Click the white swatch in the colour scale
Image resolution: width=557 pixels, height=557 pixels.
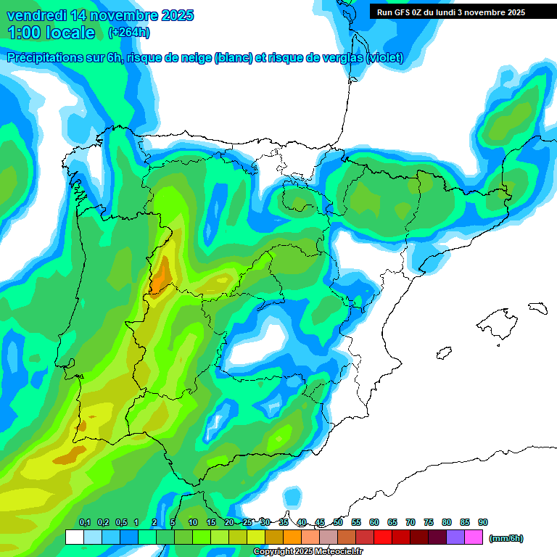(74, 537)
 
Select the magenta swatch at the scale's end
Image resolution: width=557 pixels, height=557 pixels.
(474, 537)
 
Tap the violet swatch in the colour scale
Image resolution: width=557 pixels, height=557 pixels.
(455, 537)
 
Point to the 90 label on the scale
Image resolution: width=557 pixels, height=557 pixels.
(483, 522)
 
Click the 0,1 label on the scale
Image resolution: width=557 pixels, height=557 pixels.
(84, 522)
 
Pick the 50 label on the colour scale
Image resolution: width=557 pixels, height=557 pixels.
(338, 522)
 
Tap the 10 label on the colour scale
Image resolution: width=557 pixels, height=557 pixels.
(193, 522)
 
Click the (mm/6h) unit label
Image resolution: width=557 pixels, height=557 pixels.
(506, 538)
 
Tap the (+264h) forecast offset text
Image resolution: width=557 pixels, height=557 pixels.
(128, 33)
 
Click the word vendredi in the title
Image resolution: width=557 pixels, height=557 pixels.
(35, 15)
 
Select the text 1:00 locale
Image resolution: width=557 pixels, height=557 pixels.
(51, 33)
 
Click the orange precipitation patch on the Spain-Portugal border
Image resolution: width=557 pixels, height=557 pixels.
(160, 276)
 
